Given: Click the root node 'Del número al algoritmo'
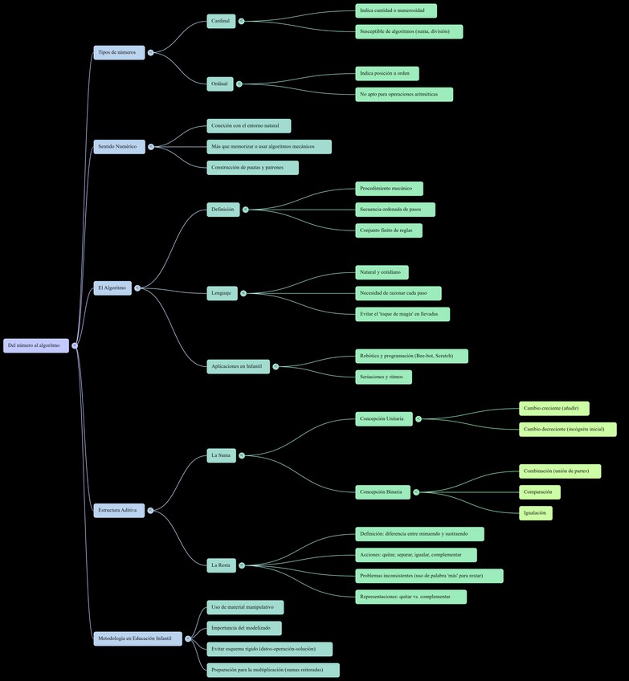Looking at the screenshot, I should [x=36, y=345].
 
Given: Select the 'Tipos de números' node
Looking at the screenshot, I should [x=119, y=52].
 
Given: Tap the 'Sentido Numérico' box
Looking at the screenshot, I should [x=119, y=147].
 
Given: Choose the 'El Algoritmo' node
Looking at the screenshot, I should [x=112, y=287].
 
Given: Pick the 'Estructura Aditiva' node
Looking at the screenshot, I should [x=119, y=510].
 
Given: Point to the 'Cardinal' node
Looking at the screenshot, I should [x=221, y=21].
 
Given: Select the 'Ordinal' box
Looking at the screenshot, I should [x=220, y=84].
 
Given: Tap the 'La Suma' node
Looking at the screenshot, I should [x=221, y=455].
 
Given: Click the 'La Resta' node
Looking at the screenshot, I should [x=221, y=565].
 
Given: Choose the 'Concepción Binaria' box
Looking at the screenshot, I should [x=382, y=491].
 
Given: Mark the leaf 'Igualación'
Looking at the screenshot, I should [x=535, y=512].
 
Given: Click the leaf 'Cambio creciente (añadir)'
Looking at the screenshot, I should [x=553, y=408].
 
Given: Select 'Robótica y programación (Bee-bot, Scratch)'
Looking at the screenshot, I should [x=411, y=356].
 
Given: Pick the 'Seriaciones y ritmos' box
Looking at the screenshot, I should [x=383, y=377].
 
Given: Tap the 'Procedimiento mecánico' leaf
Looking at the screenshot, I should [x=389, y=189].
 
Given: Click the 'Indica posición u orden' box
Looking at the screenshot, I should [x=386, y=73].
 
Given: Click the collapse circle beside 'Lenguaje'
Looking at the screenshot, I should [x=243, y=293].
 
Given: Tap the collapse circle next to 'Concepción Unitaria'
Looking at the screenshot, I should [x=419, y=418].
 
